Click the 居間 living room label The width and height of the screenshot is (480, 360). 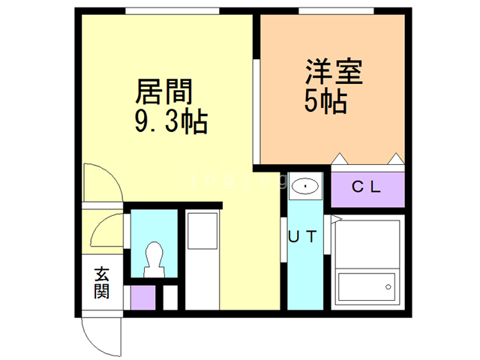[x=164, y=91]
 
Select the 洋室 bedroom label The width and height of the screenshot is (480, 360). [x=334, y=72]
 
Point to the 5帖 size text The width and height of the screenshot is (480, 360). [x=325, y=101]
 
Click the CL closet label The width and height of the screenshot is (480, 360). [x=366, y=187]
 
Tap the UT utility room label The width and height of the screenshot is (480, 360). [x=302, y=236]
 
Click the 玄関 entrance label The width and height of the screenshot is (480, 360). [x=102, y=283]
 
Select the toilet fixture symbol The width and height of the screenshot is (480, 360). [x=154, y=259]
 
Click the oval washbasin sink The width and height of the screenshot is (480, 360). [x=305, y=186]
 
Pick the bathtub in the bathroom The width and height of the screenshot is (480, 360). [x=367, y=286]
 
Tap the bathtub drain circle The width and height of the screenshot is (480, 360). [x=388, y=286]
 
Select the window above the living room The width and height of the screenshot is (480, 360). [x=172, y=11]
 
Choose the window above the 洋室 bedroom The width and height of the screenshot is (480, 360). [x=336, y=11]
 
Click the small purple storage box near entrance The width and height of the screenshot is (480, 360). [x=143, y=298]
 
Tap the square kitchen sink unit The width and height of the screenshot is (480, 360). [x=202, y=231]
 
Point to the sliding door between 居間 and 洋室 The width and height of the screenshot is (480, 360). [x=256, y=112]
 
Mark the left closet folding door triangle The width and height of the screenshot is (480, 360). [x=340, y=159]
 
